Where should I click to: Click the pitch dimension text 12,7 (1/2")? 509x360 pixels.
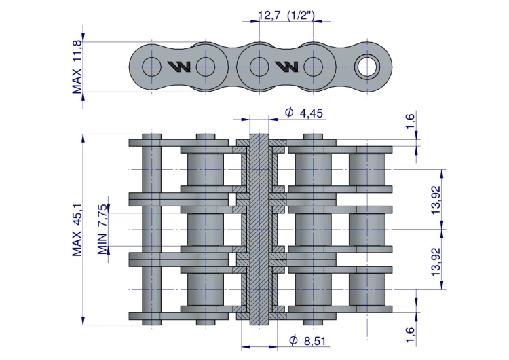click(x=286, y=15)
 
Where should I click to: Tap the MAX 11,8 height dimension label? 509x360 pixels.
click(x=77, y=67)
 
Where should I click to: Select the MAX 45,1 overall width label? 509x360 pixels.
click(x=77, y=230)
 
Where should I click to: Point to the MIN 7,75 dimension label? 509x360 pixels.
click(x=102, y=230)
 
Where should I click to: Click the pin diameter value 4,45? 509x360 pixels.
click(x=312, y=113)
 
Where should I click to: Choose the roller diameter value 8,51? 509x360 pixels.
click(x=314, y=341)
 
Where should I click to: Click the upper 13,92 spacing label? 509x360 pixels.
click(x=436, y=200)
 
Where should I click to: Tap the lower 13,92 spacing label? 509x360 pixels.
click(x=436, y=262)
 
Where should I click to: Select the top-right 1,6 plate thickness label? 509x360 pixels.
click(x=411, y=121)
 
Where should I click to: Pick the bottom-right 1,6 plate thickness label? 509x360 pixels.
click(x=411, y=335)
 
